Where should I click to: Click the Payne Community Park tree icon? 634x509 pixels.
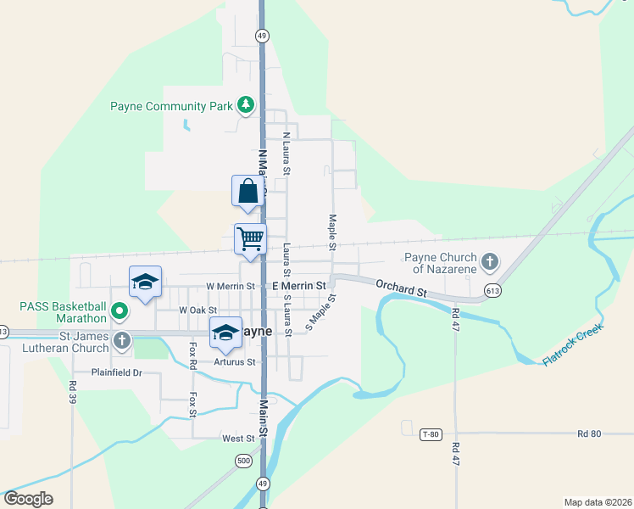(x=246, y=104)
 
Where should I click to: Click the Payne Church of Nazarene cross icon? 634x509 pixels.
(x=489, y=262)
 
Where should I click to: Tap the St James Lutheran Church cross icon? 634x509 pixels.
(x=122, y=341)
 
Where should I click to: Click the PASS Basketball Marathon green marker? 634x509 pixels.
(x=120, y=311)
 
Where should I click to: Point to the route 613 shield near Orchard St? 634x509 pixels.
(x=492, y=291)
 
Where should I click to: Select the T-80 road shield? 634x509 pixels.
(x=431, y=434)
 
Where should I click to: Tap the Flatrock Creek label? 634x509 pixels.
(x=572, y=344)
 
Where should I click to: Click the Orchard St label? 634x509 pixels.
(x=401, y=289)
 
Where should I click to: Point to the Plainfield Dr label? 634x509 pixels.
(x=117, y=372)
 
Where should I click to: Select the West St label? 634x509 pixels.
(x=238, y=439)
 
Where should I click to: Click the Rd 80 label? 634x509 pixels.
(x=589, y=433)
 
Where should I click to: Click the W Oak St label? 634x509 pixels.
(x=198, y=310)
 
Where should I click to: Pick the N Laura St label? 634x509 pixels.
(x=286, y=154)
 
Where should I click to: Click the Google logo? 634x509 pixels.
(x=28, y=499)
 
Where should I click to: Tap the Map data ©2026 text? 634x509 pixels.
(x=597, y=501)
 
